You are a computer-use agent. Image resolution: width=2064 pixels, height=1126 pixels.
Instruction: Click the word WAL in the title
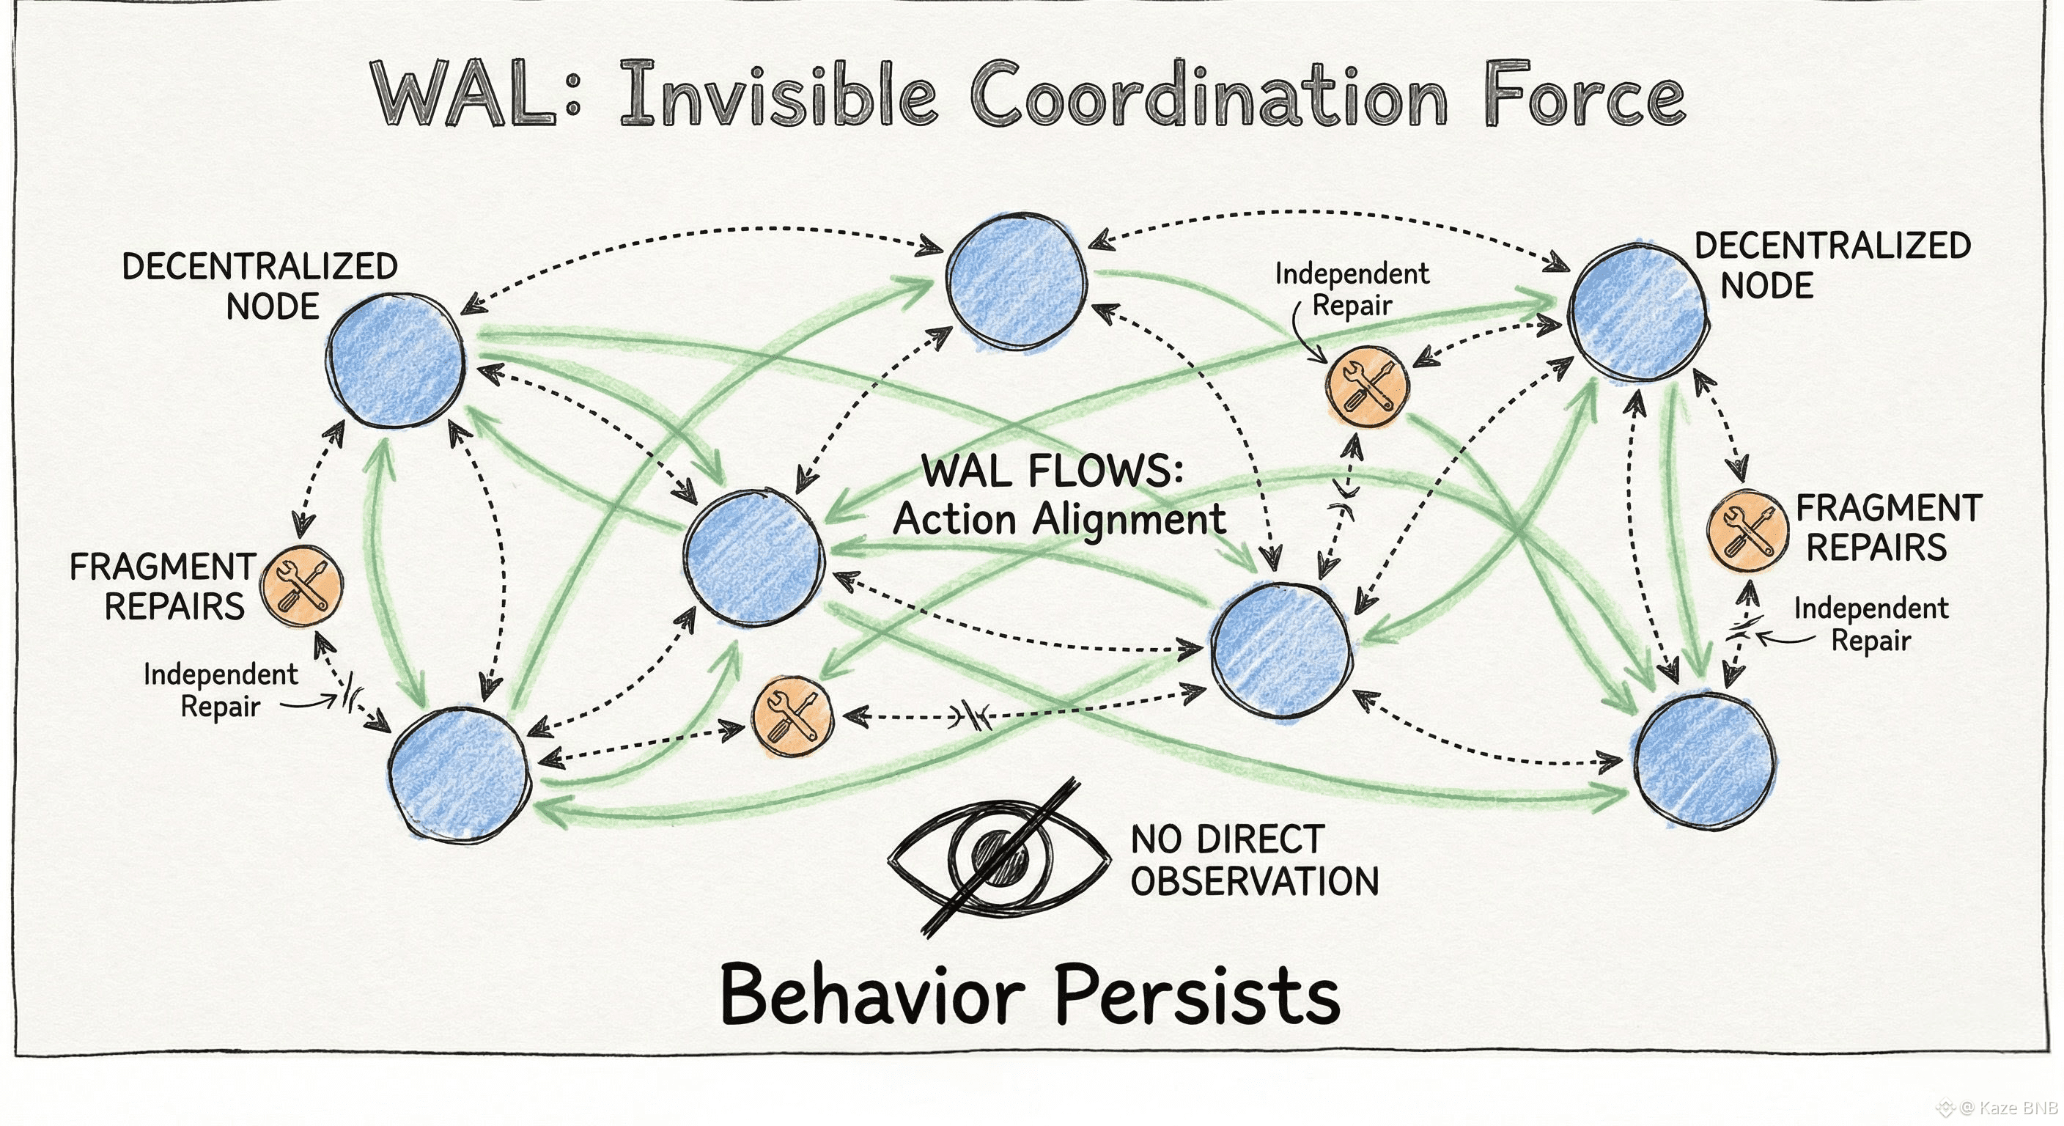465,95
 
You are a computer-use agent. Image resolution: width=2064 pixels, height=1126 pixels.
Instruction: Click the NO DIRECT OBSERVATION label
1254,860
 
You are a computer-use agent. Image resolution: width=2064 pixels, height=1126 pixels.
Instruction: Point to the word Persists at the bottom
1197,994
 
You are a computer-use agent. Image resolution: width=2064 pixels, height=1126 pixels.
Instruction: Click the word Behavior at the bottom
872,994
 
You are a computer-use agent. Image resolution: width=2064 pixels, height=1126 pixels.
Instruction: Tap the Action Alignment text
1059,519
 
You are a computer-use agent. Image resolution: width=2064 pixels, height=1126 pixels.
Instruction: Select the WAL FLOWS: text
1052,471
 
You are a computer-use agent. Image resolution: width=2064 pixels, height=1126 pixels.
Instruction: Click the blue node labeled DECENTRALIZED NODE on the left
396,361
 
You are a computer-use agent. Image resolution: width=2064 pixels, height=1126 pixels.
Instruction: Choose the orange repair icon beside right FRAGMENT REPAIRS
1747,531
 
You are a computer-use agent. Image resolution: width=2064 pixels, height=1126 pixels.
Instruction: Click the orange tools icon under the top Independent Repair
1368,386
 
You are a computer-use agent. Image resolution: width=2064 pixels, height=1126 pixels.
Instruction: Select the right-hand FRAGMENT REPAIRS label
1888,527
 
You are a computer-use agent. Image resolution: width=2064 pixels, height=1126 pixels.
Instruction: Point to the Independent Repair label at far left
220,690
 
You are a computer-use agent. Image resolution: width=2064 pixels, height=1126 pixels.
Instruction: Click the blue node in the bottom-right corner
1703,759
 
